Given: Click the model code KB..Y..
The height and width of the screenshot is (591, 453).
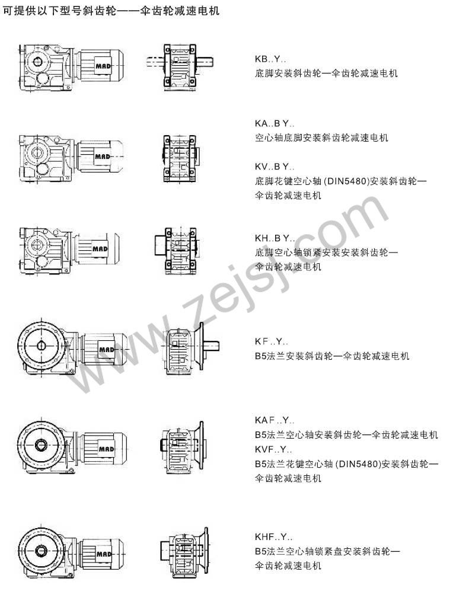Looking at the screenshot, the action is [270, 59].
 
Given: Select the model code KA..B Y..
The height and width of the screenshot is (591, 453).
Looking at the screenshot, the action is [275, 124].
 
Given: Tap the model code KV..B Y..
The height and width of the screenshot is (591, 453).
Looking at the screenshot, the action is [275, 167].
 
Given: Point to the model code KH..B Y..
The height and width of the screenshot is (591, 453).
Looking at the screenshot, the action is [275, 238].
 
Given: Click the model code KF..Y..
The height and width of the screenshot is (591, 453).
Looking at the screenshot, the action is [272, 342].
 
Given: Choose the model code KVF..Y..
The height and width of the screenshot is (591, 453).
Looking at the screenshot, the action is [273, 449].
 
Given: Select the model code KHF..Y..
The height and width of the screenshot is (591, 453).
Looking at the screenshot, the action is [273, 536].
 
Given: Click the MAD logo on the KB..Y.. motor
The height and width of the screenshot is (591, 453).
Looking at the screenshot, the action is [103, 66].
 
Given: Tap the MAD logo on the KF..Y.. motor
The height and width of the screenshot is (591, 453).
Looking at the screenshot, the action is [106, 350].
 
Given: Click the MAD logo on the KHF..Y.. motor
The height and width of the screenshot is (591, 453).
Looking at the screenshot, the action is [104, 554].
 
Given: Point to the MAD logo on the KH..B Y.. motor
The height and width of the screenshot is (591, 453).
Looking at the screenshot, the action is [100, 249].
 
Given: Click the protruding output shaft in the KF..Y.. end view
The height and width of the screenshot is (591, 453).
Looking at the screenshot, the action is [212, 346].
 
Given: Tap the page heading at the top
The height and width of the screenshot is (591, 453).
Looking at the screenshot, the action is [111, 11].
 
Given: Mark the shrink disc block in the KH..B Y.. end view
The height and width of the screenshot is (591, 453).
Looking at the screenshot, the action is [159, 245].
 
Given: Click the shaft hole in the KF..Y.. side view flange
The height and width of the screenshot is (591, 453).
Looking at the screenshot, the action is [41, 345].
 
